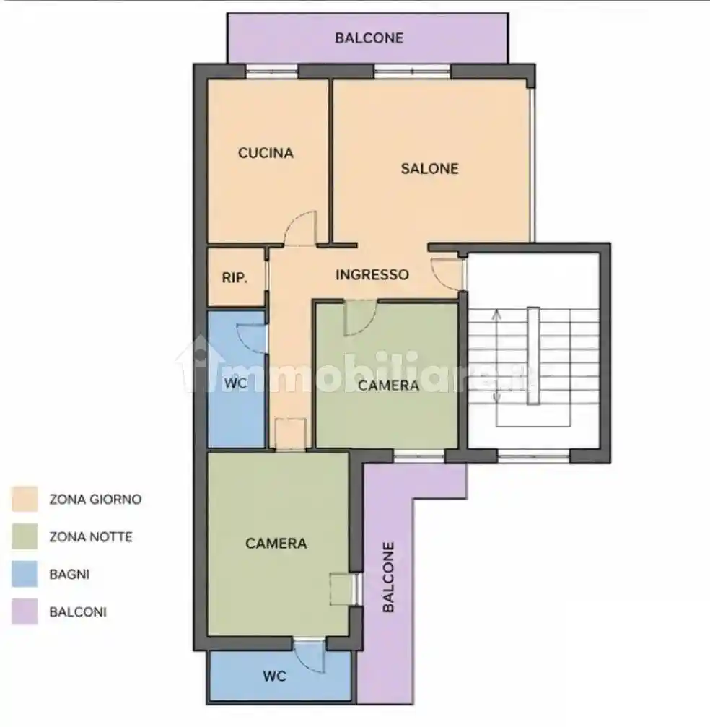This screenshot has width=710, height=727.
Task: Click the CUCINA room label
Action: pyautogui.click(x=266, y=153)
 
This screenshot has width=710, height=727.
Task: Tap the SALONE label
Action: pyautogui.click(x=429, y=168)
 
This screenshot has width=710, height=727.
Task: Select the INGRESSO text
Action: pyautogui.click(x=372, y=274)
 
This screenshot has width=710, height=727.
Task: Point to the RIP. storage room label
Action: pyautogui.click(x=235, y=278)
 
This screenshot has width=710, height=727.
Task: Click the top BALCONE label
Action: pyautogui.click(x=369, y=38)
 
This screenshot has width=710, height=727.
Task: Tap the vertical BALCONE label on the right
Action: pyautogui.click(x=388, y=578)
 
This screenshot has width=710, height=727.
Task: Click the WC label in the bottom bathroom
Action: pyautogui.click(x=274, y=676)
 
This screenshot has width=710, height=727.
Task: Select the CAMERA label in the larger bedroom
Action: pyautogui.click(x=276, y=543)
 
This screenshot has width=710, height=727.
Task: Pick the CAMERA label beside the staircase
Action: pyautogui.click(x=388, y=386)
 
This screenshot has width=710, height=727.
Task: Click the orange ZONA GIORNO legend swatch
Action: pyautogui.click(x=25, y=499)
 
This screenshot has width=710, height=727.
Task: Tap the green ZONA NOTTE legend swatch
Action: pyautogui.click(x=25, y=536)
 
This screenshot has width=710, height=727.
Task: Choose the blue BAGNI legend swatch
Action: pyautogui.click(x=25, y=574)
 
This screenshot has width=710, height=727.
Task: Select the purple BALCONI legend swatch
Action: pyautogui.click(x=25, y=611)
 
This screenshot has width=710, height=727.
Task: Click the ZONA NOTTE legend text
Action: pyautogui.click(x=91, y=537)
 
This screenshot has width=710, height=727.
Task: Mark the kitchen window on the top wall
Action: pyautogui.click(x=271, y=71)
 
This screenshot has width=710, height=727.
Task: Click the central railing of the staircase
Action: pyautogui.click(x=533, y=356)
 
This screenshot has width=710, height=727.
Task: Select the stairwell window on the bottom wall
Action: pyautogui.click(x=533, y=456)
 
